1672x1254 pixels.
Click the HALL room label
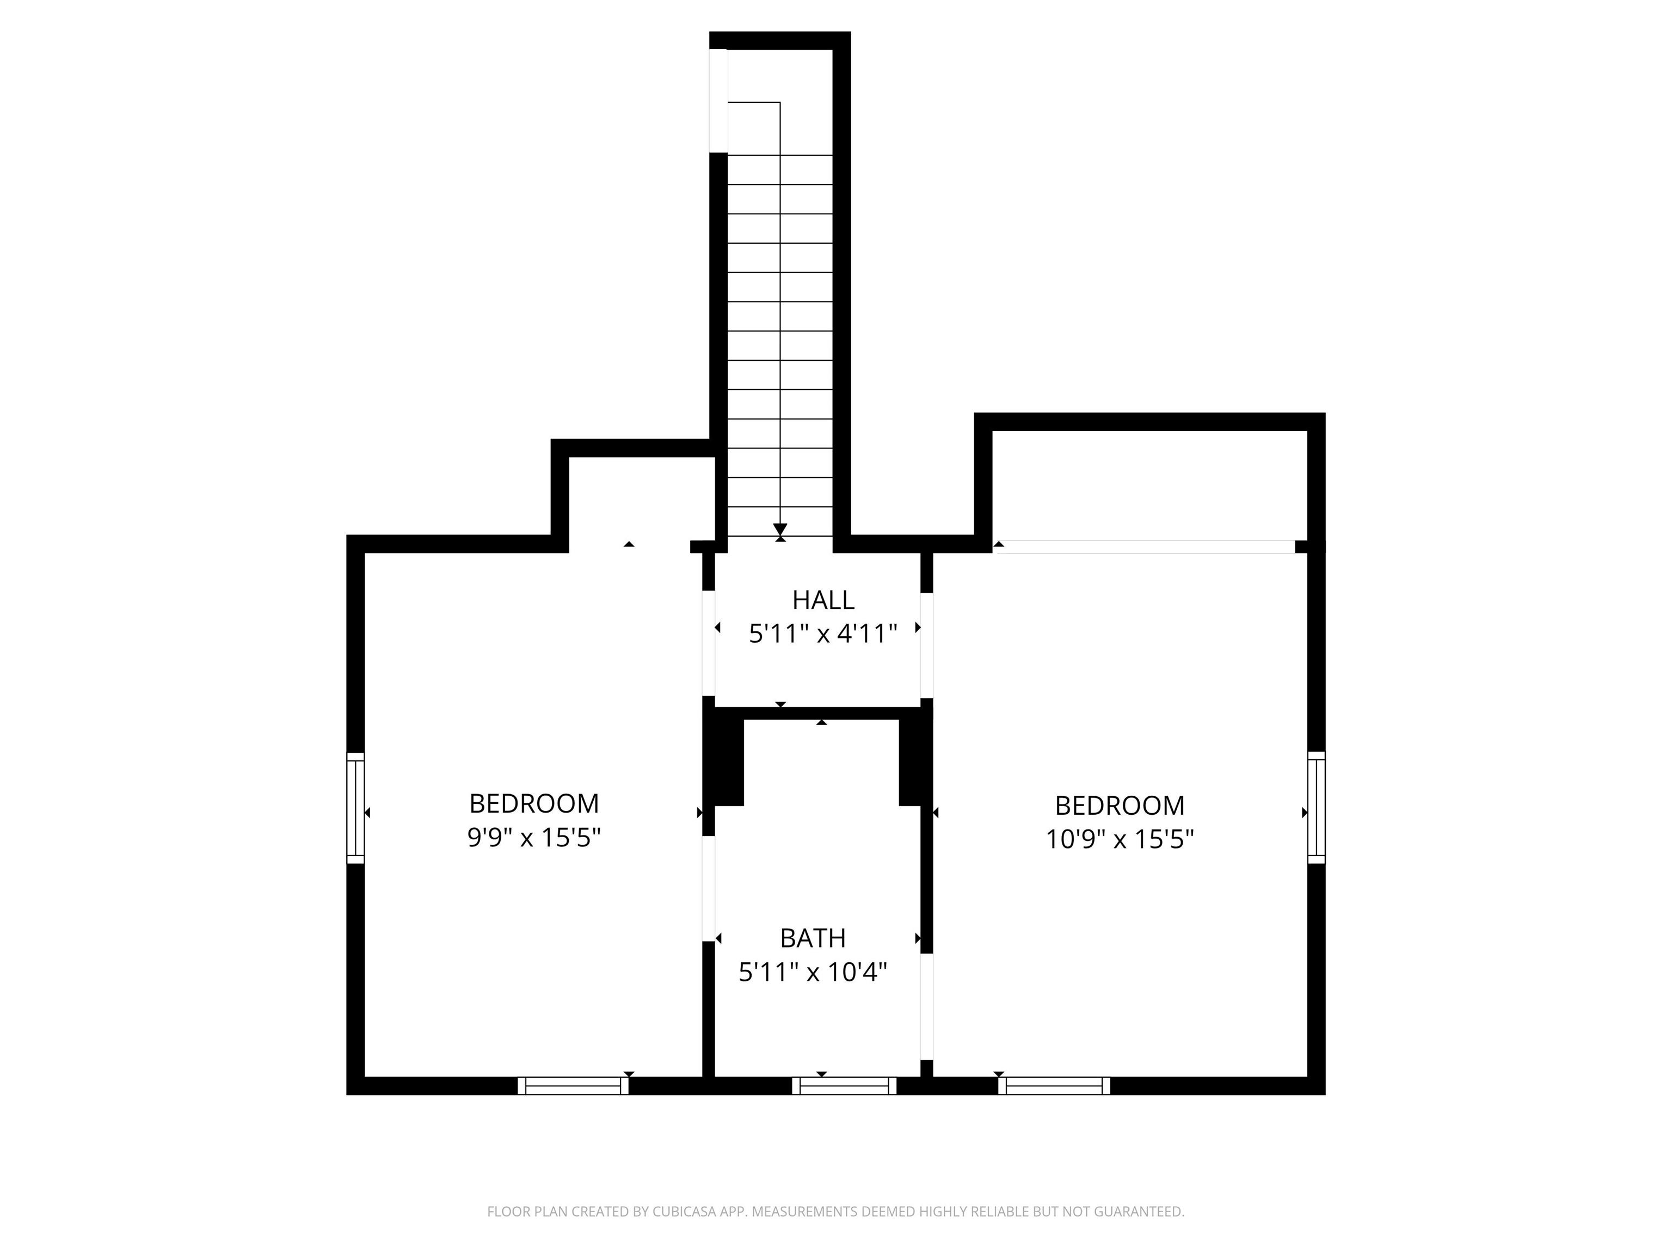click(x=823, y=600)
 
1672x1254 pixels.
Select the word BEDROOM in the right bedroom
click(x=1120, y=806)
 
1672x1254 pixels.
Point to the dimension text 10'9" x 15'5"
click(x=1120, y=840)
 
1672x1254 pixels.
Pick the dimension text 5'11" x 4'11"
click(x=823, y=634)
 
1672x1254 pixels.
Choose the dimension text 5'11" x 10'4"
click(x=813, y=972)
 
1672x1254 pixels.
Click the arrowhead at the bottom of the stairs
click(x=780, y=530)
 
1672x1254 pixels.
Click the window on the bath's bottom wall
click(x=844, y=1085)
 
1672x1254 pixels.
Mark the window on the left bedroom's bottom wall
click(x=573, y=1085)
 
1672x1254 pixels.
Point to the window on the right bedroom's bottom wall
click(x=1054, y=1085)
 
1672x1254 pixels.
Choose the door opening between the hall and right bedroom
click(x=927, y=646)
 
